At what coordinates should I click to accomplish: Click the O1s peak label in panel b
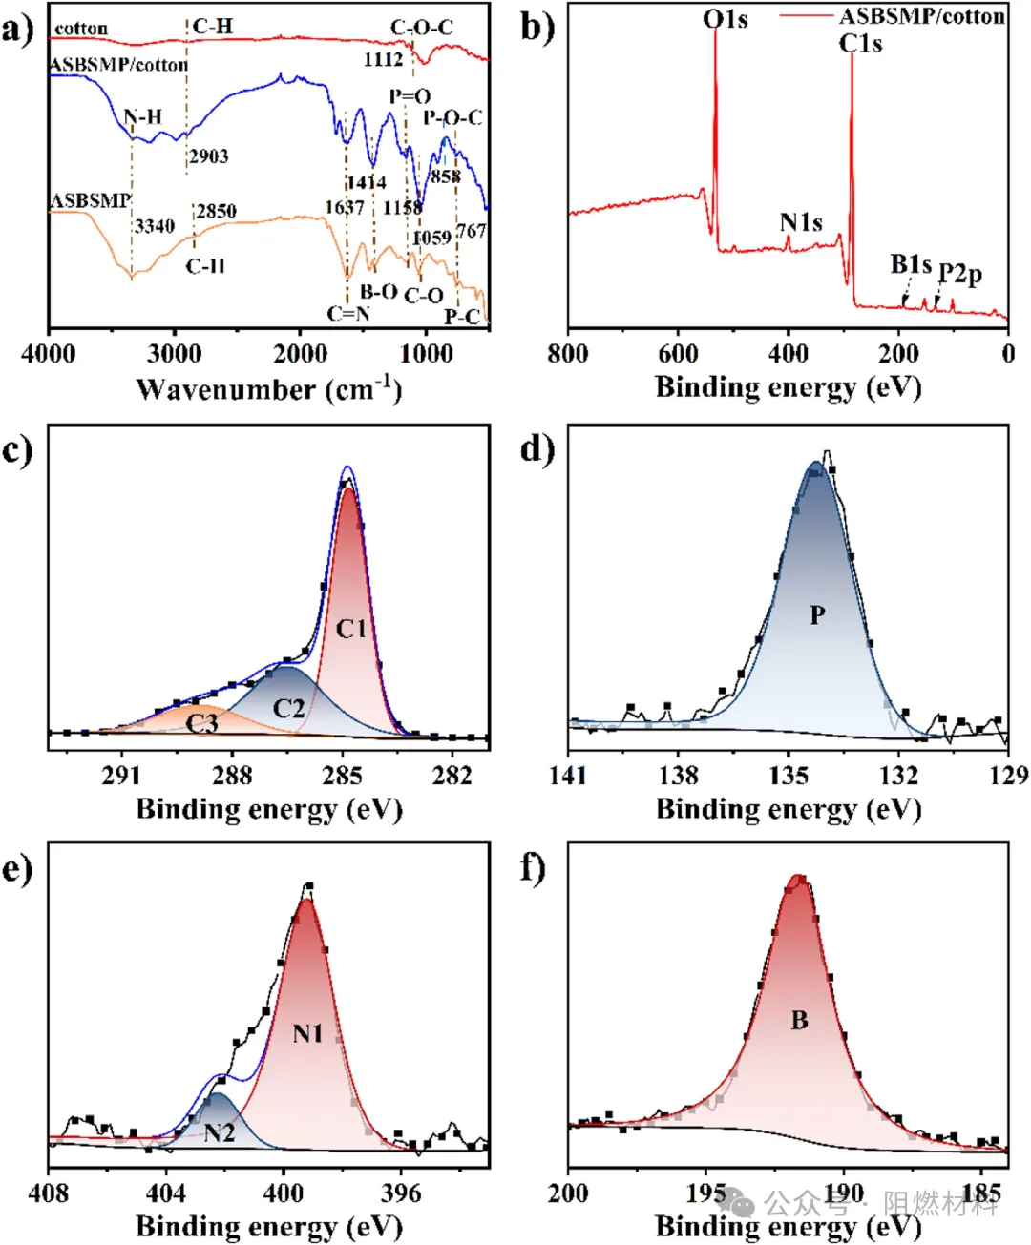(x=726, y=19)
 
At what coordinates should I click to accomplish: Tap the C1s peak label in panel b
(x=860, y=44)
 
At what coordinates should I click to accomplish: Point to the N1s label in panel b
(x=801, y=223)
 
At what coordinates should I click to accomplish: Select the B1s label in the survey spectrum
(x=910, y=264)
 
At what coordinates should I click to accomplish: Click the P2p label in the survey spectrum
(x=959, y=274)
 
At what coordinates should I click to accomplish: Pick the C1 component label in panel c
(x=350, y=629)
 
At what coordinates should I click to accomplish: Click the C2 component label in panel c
(x=288, y=708)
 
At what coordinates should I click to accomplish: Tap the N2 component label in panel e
(x=220, y=1132)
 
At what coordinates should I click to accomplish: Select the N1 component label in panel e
(x=307, y=1033)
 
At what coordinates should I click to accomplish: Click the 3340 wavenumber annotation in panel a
(x=154, y=226)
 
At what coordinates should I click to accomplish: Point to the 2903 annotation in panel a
(x=208, y=156)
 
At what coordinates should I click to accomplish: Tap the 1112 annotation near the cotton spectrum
(x=383, y=59)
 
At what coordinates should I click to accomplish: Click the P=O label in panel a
(x=410, y=96)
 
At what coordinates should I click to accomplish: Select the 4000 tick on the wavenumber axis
(x=49, y=354)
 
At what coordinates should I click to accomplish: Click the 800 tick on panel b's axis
(x=569, y=354)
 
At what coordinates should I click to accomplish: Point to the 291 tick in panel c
(x=121, y=774)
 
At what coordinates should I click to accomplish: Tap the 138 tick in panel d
(x=678, y=775)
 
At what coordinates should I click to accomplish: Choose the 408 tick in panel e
(x=49, y=1193)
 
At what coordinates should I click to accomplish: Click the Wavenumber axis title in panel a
(x=268, y=389)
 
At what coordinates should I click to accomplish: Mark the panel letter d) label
(x=537, y=447)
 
